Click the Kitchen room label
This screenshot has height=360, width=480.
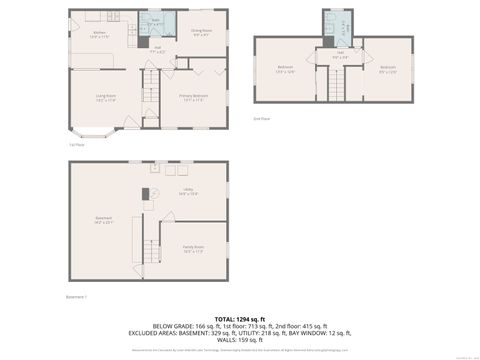100,35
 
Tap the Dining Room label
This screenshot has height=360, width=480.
201,33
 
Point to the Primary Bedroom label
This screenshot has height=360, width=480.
192,98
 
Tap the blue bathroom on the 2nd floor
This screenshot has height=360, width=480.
337,26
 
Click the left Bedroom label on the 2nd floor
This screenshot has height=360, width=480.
284,70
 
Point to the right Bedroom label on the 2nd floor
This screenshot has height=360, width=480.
387,70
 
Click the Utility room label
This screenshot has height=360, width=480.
188,191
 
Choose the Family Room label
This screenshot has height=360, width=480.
193,249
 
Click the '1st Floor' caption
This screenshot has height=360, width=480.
75,144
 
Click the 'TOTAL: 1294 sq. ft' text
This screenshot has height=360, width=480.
240,317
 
